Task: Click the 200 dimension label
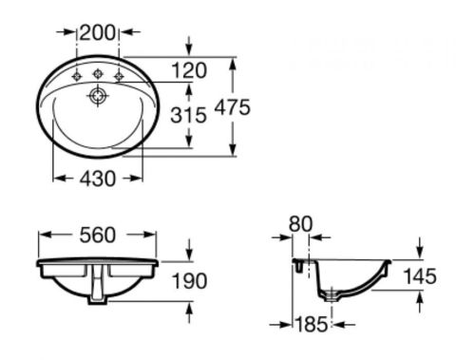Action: pyautogui.click(x=98, y=33)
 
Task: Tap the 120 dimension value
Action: pyautogui.click(x=189, y=70)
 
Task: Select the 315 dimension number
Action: pyautogui.click(x=188, y=115)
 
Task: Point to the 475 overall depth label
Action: pyautogui.click(x=233, y=107)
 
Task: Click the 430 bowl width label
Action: pyautogui.click(x=98, y=179)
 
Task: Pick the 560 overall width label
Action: pyautogui.click(x=98, y=236)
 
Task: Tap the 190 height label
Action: pyautogui.click(x=189, y=281)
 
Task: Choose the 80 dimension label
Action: pyautogui.click(x=300, y=224)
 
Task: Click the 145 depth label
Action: pyautogui.click(x=420, y=276)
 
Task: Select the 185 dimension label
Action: pyautogui.click(x=312, y=324)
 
